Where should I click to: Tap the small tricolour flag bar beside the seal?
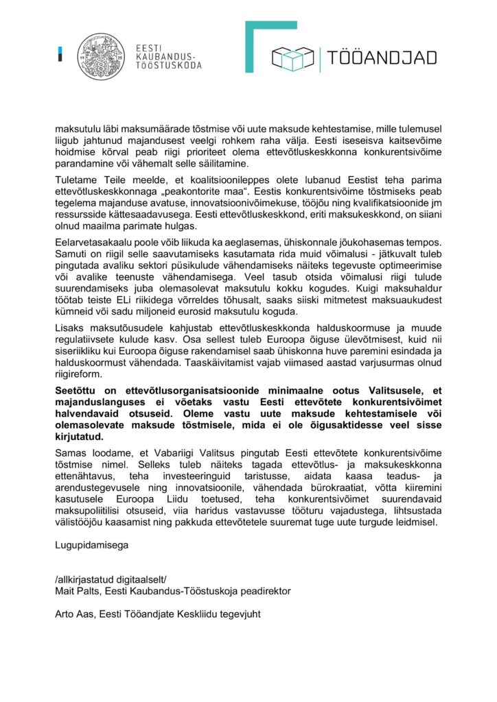coord(60,53)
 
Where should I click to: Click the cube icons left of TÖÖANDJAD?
coord(293,58)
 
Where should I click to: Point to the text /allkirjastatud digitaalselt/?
coord(106,579)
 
